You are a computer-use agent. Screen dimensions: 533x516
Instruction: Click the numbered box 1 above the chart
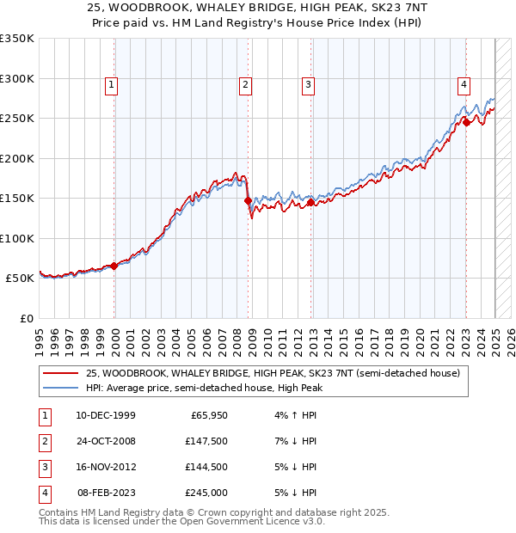(x=113, y=84)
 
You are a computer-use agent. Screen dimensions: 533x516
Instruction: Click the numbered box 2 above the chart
(x=245, y=84)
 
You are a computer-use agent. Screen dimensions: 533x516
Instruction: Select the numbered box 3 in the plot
(x=307, y=84)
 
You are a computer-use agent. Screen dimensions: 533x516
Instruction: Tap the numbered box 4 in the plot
(x=464, y=84)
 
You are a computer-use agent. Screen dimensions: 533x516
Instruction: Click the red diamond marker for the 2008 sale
(x=249, y=200)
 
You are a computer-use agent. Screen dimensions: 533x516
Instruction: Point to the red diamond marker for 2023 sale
(x=466, y=122)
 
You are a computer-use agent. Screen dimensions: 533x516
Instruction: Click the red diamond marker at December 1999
(x=114, y=266)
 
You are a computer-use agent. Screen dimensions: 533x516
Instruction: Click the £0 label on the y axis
(x=26, y=318)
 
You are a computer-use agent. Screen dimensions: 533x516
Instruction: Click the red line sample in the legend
(x=59, y=373)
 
